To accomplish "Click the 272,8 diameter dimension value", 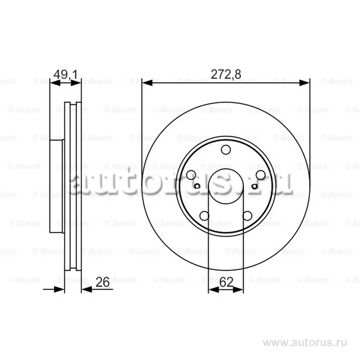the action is click(226, 75).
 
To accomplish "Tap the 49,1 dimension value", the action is click(66, 75).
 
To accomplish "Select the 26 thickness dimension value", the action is click(102, 282).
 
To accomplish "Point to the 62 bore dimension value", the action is click(226, 282).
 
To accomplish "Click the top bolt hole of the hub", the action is click(226, 150).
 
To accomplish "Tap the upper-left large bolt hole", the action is click(191, 175).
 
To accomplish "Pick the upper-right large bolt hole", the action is click(261, 175).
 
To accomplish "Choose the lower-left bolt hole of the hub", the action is click(204, 216).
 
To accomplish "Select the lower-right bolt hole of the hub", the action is click(247, 216).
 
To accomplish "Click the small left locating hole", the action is click(197, 186).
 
